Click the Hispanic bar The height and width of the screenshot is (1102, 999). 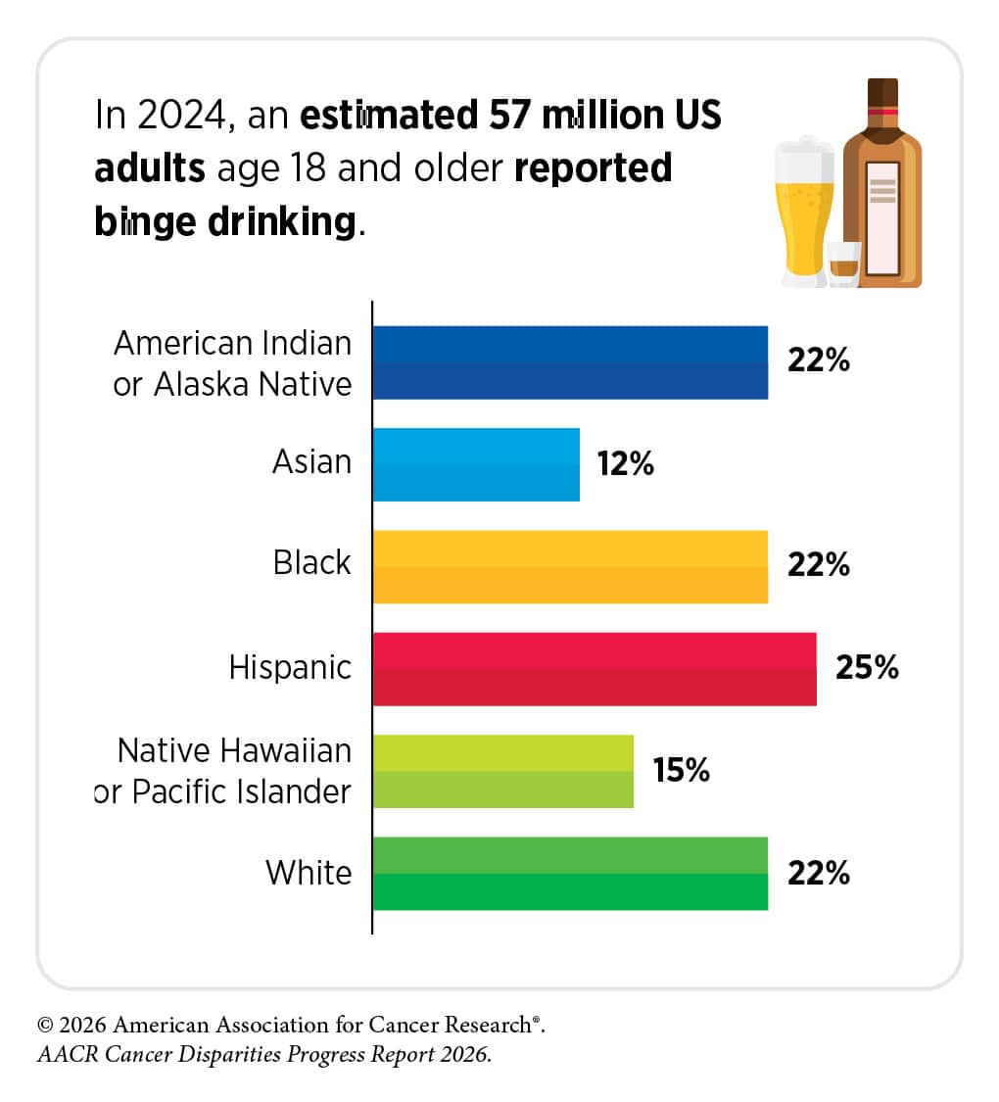click(x=595, y=669)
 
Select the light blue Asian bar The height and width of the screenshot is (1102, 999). click(x=476, y=464)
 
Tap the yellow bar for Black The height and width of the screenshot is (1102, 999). click(x=570, y=566)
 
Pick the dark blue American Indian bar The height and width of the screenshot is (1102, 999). click(x=570, y=362)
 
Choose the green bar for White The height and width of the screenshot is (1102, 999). click(x=570, y=874)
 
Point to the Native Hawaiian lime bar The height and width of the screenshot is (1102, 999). click(x=503, y=772)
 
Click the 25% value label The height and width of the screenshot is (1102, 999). click(x=867, y=668)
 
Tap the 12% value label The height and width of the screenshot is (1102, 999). click(x=625, y=464)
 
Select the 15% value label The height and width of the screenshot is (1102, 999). click(x=681, y=770)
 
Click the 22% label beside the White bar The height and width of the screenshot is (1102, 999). click(x=819, y=874)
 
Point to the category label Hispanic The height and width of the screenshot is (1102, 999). click(x=290, y=668)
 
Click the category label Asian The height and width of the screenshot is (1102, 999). click(x=311, y=461)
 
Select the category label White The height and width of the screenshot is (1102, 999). click(x=309, y=873)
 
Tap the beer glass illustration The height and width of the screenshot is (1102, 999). click(x=804, y=212)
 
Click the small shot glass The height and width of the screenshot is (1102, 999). click(x=843, y=264)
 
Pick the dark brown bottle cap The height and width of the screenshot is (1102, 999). click(x=882, y=94)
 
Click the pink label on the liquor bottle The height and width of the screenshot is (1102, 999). click(x=883, y=218)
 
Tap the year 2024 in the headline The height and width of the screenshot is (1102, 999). click(x=182, y=115)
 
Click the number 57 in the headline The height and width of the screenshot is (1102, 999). click(x=509, y=115)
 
